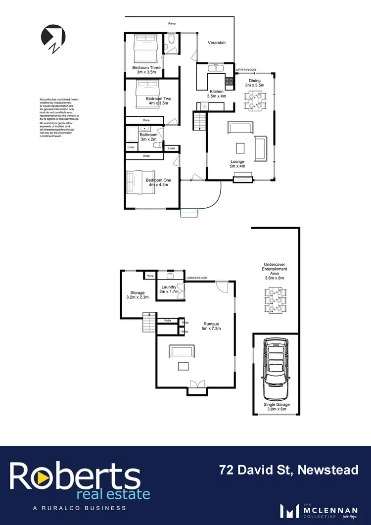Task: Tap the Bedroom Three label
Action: [146, 70]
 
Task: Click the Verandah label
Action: [216, 43]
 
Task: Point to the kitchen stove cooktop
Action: [230, 81]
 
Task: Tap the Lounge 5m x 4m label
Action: [237, 164]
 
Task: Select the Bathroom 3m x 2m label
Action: [148, 137]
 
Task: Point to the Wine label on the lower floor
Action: [150, 276]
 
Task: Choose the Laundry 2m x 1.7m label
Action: [168, 289]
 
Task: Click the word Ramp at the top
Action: [172, 23]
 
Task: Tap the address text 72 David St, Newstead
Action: [289, 470]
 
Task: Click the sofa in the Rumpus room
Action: [181, 350]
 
